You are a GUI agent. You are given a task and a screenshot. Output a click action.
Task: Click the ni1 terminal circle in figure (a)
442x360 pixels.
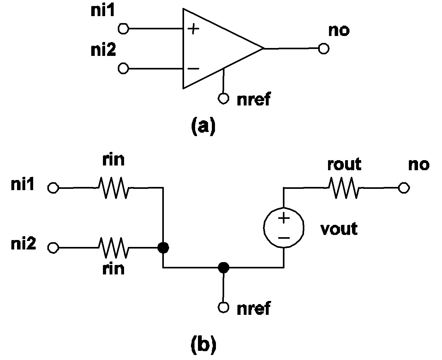[123, 29]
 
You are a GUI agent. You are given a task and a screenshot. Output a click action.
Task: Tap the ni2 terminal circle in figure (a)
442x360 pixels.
[123, 68]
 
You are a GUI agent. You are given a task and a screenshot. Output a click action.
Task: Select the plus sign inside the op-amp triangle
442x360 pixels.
[193, 29]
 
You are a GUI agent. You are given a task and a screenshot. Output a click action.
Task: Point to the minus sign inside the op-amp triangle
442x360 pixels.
[193, 69]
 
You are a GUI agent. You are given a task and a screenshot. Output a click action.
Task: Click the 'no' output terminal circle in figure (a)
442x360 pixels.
[324, 49]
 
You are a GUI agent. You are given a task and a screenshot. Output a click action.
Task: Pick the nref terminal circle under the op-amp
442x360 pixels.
[223, 99]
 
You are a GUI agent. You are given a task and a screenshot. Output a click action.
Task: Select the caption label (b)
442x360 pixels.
[204, 345]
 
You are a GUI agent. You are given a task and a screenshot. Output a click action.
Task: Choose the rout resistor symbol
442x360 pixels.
[343, 188]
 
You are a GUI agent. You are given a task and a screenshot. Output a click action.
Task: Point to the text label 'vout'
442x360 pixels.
[339, 229]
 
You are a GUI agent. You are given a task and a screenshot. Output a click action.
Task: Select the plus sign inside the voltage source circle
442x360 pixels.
[284, 218]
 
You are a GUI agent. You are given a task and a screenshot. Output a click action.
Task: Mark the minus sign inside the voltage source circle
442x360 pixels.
[284, 237]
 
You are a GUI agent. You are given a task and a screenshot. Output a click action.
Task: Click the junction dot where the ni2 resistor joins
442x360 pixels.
[163, 248]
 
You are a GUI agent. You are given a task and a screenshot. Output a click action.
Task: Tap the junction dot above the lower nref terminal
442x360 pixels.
[224, 268]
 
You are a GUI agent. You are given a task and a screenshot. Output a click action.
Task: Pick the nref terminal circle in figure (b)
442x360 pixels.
[223, 307]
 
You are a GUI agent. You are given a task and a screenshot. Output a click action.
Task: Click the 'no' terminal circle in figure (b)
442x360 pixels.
[404, 188]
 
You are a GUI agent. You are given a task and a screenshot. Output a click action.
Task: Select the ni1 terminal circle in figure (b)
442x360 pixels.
[53, 188]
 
